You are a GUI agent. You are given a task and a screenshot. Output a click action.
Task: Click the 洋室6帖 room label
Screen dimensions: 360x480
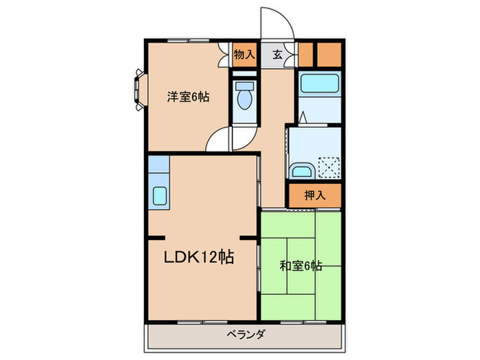click(x=189, y=97)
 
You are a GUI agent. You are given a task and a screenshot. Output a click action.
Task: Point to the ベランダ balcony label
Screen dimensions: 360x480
click(x=245, y=335)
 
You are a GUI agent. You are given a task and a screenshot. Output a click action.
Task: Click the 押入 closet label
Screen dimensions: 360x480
click(x=314, y=195)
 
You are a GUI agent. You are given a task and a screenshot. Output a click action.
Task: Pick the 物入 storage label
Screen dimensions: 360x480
click(x=244, y=54)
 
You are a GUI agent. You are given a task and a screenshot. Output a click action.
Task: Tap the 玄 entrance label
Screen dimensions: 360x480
click(x=278, y=54)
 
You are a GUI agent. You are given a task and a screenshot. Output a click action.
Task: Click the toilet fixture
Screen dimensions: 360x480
click(x=244, y=98)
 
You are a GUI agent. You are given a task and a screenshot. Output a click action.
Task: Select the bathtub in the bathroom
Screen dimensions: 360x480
click(x=321, y=84)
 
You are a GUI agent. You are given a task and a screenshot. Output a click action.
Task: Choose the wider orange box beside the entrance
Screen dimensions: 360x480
click(x=329, y=53)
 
